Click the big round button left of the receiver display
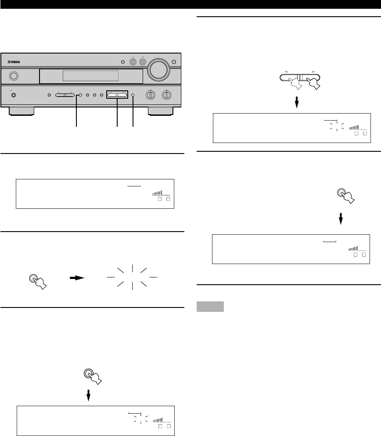[x=14, y=76]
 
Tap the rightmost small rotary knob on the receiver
[x=167, y=95]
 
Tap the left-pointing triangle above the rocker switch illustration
[x=285, y=70]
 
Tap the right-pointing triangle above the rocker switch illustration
[x=313, y=70]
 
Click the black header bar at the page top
[x=190, y=4]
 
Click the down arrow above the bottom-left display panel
[x=89, y=396]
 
